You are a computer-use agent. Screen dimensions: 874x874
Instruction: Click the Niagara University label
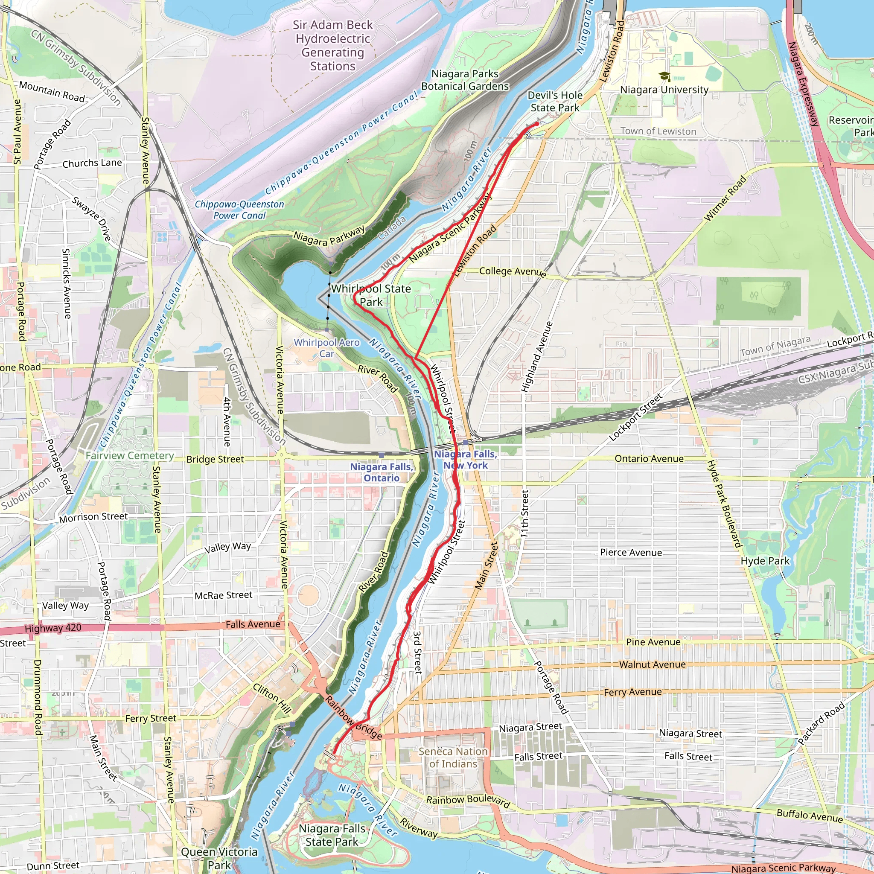tap(664, 90)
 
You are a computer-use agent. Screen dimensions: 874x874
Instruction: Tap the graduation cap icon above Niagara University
tap(664, 76)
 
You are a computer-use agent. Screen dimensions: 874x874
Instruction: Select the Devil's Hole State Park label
tap(555, 101)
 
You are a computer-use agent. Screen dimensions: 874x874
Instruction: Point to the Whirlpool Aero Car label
tap(326, 348)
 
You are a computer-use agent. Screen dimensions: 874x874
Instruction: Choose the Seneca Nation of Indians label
tap(453, 757)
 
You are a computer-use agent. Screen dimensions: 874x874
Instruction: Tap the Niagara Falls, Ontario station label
tap(381, 472)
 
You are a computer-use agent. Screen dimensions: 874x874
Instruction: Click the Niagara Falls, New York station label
tap(465, 460)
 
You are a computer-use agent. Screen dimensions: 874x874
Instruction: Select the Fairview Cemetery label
tap(130, 455)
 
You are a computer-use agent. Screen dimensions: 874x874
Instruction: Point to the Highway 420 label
tap(53, 628)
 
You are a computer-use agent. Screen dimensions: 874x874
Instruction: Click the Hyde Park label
tap(764, 561)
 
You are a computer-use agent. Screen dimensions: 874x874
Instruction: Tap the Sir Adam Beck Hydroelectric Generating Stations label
tap(332, 45)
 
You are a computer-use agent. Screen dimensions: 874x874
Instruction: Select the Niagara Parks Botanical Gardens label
tap(465, 80)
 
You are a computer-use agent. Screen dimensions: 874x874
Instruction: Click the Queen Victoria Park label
tap(219, 858)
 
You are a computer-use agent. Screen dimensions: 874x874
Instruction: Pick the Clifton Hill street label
tap(272, 699)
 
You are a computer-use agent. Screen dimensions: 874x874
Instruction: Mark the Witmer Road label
tap(725, 198)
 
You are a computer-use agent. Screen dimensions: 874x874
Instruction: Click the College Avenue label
tap(513, 271)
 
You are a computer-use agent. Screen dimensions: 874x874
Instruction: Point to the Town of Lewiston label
tap(658, 131)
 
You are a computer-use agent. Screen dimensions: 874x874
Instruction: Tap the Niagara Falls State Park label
tap(332, 835)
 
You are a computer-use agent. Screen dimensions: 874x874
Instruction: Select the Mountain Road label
tap(52, 92)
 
